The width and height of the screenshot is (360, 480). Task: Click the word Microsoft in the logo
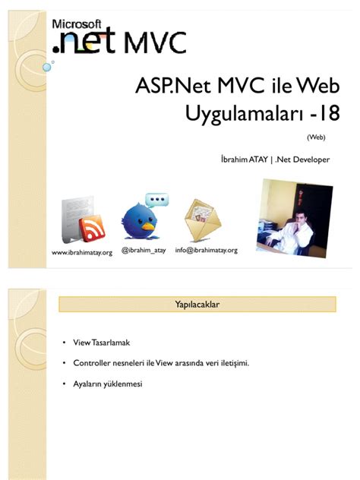coord(77,23)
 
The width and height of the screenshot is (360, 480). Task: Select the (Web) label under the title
coord(316,137)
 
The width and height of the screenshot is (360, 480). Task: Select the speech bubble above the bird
coord(157,201)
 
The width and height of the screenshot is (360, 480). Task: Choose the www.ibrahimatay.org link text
coord(81,251)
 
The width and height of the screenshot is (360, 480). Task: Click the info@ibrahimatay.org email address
coord(207,249)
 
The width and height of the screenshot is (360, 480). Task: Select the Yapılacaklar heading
coord(197,305)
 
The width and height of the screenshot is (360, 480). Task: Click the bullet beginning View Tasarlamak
coord(96,343)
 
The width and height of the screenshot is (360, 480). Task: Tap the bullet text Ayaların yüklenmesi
coord(107,384)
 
